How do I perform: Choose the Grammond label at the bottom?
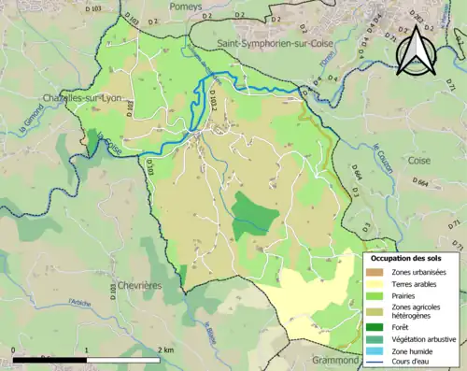click(333, 359)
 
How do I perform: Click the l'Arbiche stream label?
click(79, 304)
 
